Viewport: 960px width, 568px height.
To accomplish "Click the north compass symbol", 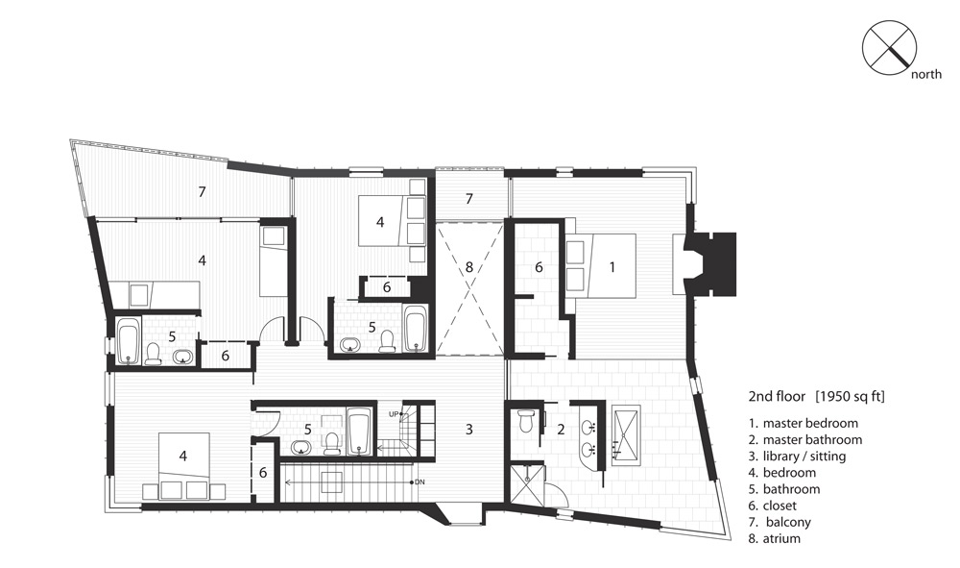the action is click(889, 47).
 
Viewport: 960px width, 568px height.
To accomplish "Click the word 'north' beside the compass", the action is click(926, 75).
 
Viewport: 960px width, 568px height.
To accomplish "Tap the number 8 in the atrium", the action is click(469, 267).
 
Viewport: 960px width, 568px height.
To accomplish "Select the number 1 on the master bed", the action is click(612, 266).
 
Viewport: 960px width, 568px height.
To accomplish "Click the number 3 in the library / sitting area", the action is click(469, 430).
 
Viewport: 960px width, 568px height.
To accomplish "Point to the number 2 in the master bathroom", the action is click(561, 430).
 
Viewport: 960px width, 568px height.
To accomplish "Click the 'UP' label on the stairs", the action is click(393, 414).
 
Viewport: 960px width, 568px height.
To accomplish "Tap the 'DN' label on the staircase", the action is click(420, 482).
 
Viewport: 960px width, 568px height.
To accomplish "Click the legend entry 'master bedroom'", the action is click(810, 424).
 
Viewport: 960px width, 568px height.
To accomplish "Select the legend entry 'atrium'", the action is click(781, 539).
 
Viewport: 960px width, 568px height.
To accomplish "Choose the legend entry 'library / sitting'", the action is click(804, 457).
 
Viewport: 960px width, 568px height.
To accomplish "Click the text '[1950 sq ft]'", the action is click(850, 396).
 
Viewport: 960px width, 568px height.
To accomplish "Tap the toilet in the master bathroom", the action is click(526, 421).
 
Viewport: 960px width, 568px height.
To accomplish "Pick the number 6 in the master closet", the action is click(539, 267).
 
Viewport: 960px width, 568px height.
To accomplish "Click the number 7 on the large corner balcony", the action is click(202, 192).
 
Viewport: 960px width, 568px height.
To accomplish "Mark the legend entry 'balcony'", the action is click(787, 523).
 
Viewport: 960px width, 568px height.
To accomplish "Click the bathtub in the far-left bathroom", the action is click(129, 341).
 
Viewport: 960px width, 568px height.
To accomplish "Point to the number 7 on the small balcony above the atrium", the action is click(469, 199).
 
